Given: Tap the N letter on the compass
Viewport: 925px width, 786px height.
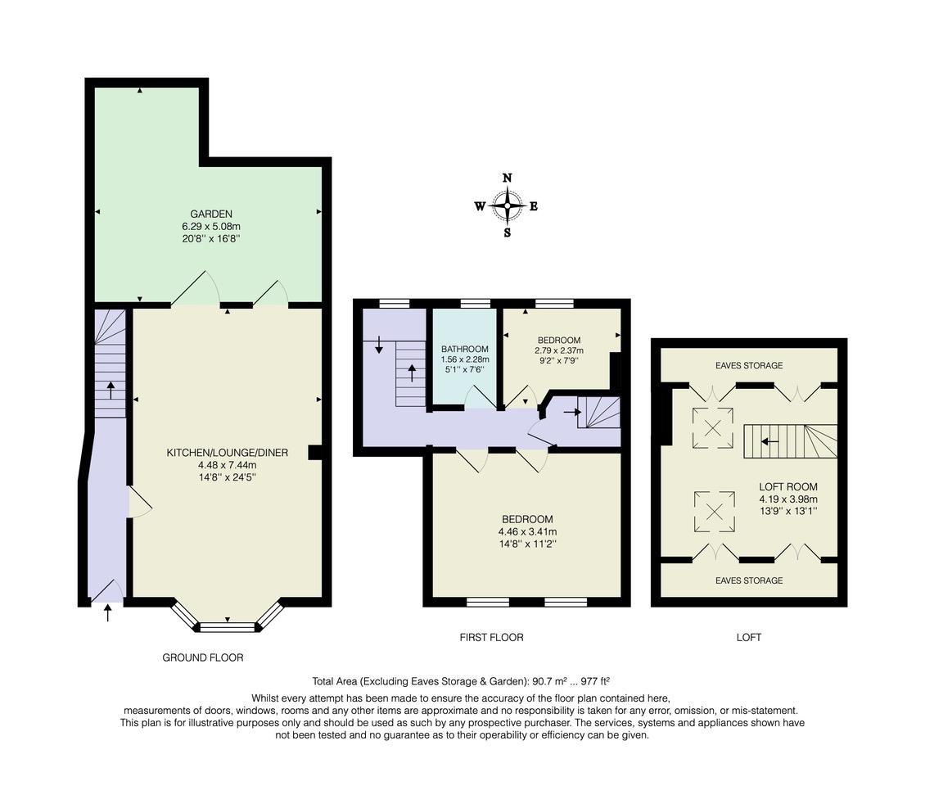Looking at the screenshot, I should coord(508,178).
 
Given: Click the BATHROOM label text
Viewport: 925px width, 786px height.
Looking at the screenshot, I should coord(465,349).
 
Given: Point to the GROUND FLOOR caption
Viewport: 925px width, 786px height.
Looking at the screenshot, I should coord(202,657).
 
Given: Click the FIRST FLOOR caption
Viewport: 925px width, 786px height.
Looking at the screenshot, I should coord(491,637).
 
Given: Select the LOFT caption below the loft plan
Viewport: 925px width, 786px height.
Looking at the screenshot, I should coord(748,637).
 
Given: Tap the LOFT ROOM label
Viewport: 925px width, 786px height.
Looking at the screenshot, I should coord(787,486).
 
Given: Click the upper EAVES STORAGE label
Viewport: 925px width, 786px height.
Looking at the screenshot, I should coord(748,365).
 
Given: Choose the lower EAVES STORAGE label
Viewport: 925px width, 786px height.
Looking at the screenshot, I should coord(748,580).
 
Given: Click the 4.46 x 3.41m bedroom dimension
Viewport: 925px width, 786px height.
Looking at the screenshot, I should coord(526,531).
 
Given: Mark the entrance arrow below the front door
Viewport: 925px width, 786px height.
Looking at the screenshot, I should coord(108,612).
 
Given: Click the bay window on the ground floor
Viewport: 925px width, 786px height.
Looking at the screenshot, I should coord(228,627).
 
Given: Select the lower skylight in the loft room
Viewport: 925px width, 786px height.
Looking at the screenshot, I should coord(714,512).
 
